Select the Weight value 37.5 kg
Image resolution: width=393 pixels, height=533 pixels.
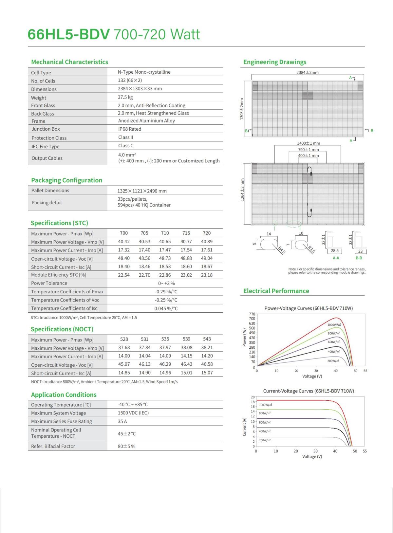(x=125, y=97)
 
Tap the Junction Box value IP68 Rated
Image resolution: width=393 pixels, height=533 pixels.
(x=130, y=129)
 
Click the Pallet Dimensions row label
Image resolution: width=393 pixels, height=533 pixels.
(x=50, y=191)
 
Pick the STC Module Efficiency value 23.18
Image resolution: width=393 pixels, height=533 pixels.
(x=207, y=275)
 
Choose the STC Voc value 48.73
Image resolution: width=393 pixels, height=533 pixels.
(x=165, y=258)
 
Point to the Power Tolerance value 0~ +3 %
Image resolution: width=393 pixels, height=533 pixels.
(x=166, y=283)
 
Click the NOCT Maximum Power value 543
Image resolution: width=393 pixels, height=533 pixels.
(x=207, y=339)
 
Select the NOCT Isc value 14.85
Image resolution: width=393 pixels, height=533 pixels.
(x=124, y=373)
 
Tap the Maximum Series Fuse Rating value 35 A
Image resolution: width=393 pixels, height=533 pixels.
(x=122, y=421)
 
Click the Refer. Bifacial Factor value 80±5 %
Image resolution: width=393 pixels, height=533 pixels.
(x=126, y=446)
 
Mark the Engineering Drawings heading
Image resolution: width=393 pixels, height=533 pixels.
(x=275, y=62)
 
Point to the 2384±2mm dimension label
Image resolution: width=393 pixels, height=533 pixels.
(x=307, y=72)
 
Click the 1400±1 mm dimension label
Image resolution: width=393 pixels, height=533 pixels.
(x=308, y=143)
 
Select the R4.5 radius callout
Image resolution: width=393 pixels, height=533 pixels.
(x=281, y=250)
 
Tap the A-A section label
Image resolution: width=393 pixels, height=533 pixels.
(x=336, y=258)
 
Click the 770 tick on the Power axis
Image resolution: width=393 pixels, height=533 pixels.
(x=252, y=314)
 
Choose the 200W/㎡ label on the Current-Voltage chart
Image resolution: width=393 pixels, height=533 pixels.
(x=265, y=440)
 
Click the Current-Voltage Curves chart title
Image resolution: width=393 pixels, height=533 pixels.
(x=309, y=391)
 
